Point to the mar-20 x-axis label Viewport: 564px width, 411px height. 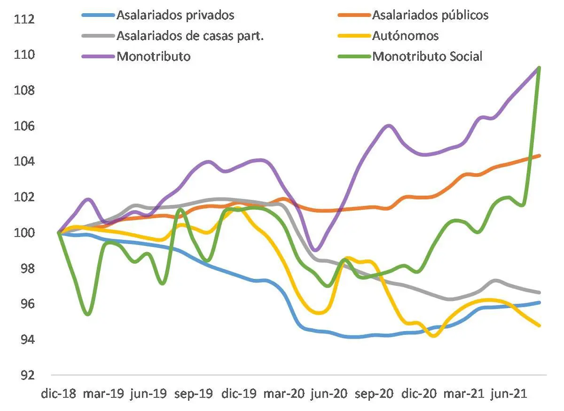coord(283,394)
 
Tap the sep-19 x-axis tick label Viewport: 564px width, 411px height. coord(193,394)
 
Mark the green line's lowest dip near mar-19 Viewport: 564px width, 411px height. coord(87,314)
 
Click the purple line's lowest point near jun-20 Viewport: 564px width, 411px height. coord(316,250)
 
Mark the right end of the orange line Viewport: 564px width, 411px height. coord(540,156)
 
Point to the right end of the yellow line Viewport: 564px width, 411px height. coord(540,325)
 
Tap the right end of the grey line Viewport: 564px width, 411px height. coord(540,292)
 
